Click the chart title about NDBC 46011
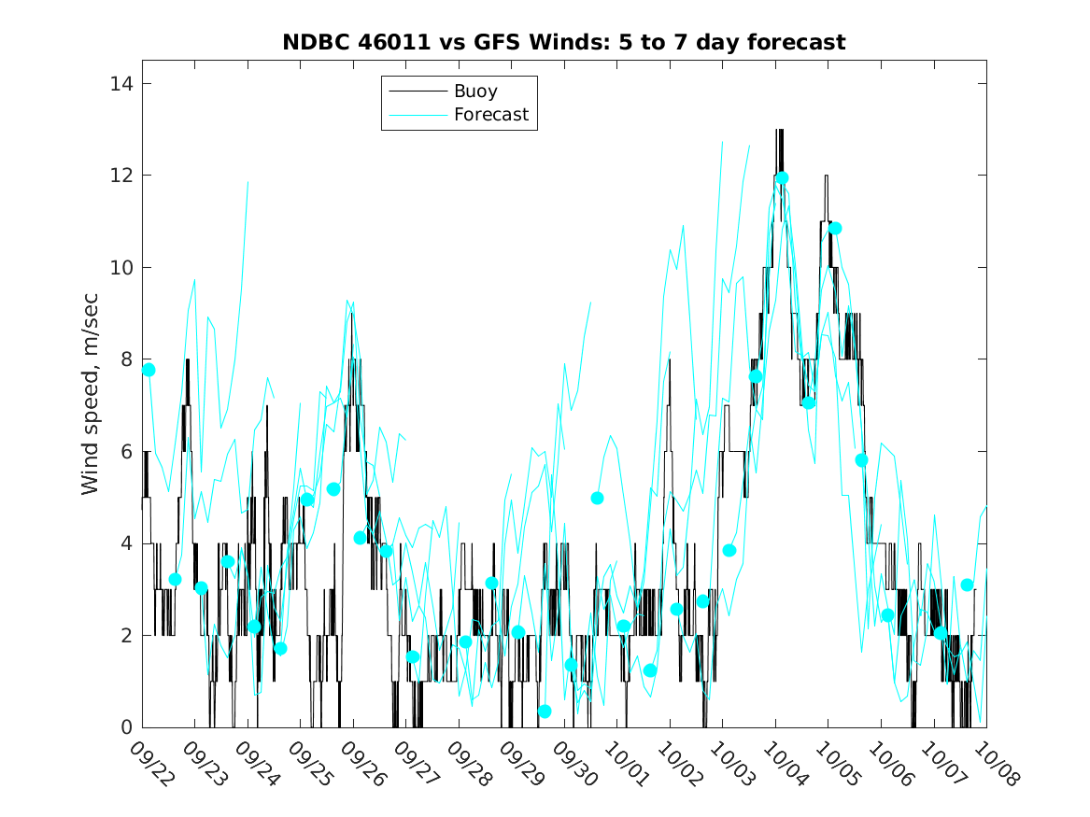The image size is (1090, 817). point(564,42)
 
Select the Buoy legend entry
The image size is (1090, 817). point(475,92)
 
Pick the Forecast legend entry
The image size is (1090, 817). point(490,115)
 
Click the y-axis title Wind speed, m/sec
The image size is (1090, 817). point(90,405)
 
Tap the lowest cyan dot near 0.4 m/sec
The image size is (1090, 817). point(545,711)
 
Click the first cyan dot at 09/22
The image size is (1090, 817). point(149,370)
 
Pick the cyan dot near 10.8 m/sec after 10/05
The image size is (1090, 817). point(835,228)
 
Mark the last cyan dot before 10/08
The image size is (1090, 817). point(967,585)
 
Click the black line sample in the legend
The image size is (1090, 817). point(417,92)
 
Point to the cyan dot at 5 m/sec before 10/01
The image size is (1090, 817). point(597,498)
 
